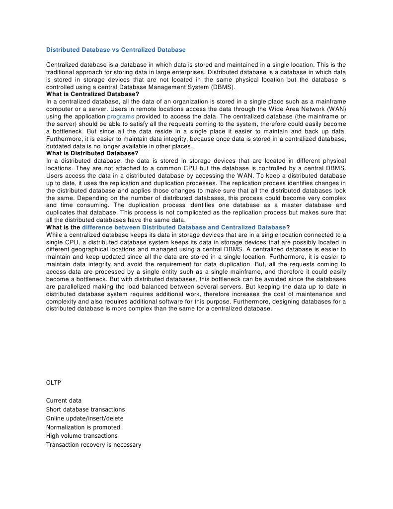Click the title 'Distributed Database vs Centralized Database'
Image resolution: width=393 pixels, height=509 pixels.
(x=116, y=50)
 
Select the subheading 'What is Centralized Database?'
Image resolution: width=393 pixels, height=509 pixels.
(x=92, y=94)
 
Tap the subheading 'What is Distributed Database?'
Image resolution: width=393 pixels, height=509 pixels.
(x=92, y=153)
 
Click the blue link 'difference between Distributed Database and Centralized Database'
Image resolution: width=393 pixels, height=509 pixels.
(x=184, y=227)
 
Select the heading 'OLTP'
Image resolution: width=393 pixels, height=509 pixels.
(x=54, y=383)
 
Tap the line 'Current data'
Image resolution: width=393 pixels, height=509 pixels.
(x=64, y=401)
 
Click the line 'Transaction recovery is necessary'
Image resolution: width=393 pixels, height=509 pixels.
(x=94, y=445)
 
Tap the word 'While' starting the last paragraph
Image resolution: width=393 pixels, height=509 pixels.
(x=54, y=234)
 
